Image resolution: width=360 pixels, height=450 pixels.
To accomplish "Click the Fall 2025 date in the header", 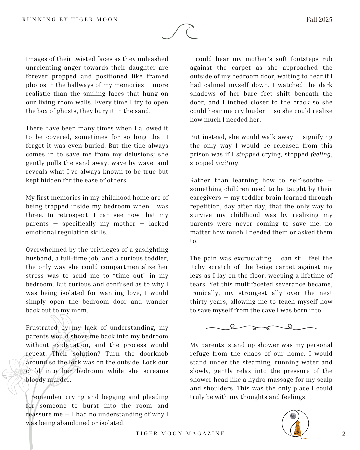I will (x=319, y=19).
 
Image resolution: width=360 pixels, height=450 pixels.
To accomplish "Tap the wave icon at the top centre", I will (x=180, y=32).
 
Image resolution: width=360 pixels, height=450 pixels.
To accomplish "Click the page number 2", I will (x=344, y=434).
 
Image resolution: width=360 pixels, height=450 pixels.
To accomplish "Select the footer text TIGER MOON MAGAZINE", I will (x=180, y=434).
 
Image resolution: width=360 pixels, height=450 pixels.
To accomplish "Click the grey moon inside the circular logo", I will (x=293, y=416).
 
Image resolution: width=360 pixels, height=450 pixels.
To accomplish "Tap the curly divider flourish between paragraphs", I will (x=261, y=327).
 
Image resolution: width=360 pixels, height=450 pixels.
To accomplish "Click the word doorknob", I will (x=154, y=354).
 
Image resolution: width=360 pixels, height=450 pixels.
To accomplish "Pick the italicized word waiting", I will (x=227, y=163).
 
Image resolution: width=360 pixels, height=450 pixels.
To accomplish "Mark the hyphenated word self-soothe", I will (x=306, y=180).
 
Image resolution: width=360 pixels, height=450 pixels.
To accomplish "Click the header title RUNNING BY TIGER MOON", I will (x=70, y=20).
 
